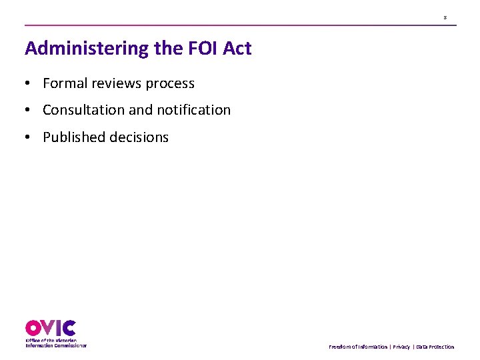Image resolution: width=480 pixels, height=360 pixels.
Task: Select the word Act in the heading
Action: (237, 49)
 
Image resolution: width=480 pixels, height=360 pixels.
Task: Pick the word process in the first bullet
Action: (170, 84)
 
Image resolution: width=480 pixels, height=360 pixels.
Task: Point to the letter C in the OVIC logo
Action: (69, 328)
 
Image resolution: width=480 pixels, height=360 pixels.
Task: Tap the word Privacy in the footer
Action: (401, 347)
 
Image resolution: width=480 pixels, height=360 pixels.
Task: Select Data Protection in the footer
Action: (435, 347)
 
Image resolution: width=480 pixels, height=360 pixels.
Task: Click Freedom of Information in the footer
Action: (358, 347)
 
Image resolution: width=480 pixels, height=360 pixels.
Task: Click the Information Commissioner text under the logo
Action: (56, 345)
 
